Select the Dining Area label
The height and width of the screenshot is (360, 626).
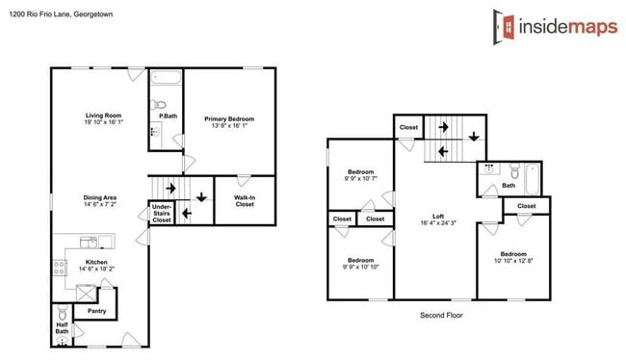pos(99,201)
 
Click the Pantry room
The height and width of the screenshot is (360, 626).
pos(96,311)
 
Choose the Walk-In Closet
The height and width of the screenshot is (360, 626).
pos(245,200)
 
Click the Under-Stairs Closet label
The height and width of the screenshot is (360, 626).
pos(161,213)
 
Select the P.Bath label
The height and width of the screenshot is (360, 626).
pos(168,116)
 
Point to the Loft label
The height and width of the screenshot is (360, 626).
pos(438,219)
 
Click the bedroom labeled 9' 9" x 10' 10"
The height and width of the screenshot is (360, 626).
pos(360,263)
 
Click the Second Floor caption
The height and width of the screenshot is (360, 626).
pos(444,315)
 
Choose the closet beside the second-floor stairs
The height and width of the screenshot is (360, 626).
pos(408,128)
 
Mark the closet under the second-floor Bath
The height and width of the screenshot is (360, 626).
pos(527,206)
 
